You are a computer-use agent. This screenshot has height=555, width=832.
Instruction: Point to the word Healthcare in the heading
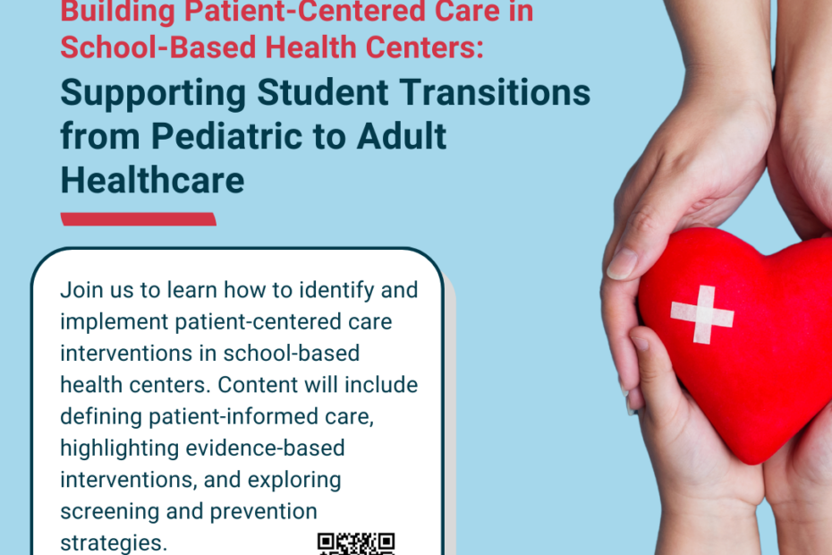point(152,181)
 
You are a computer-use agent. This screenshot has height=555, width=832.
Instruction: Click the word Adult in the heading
point(402,136)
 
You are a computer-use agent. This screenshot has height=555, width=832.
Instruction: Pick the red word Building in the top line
point(118,12)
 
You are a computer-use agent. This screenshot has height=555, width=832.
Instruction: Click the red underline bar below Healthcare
point(139,218)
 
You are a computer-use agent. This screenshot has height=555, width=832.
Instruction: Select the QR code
point(356,544)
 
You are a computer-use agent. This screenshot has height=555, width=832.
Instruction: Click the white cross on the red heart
point(702,314)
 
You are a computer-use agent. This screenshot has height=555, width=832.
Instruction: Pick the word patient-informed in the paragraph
point(233,417)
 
